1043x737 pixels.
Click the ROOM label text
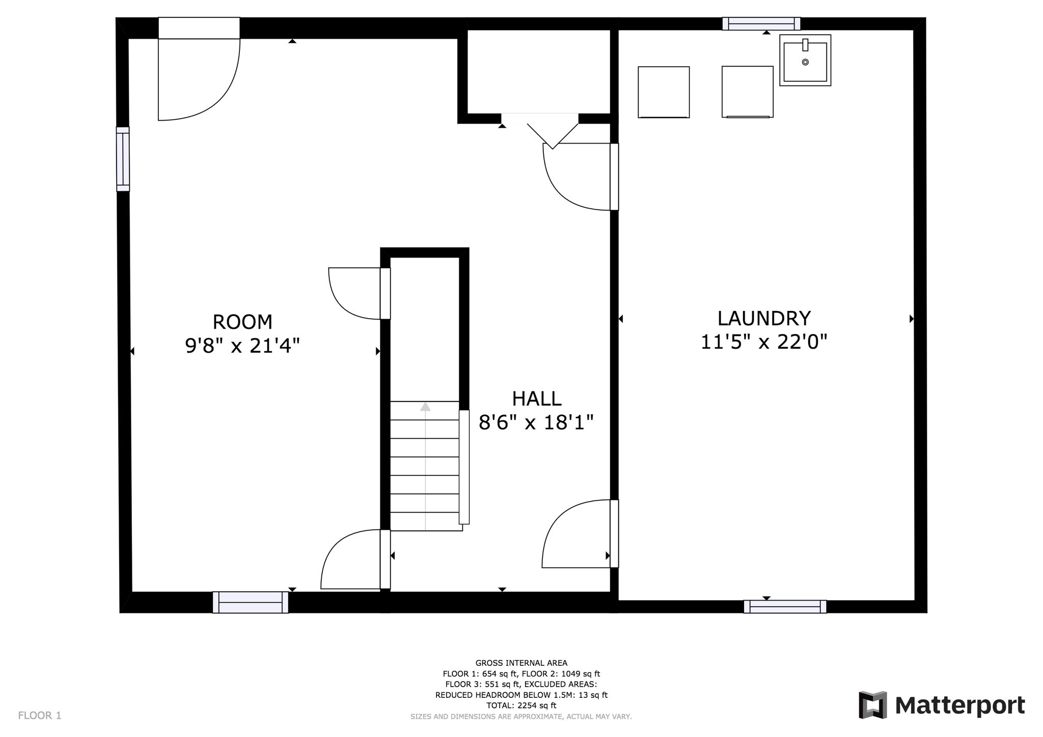click(x=242, y=322)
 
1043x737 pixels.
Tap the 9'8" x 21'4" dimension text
click(x=242, y=346)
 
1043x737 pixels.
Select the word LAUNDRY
click(x=763, y=319)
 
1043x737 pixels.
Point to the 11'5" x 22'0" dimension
click(x=763, y=342)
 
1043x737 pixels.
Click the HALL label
click(x=536, y=399)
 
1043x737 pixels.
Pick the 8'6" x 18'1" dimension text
click(x=536, y=422)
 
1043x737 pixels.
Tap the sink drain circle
click(x=805, y=62)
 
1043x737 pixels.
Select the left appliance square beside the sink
click(x=664, y=92)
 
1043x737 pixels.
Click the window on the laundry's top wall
click(x=761, y=23)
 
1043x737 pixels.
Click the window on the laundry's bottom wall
click(x=785, y=606)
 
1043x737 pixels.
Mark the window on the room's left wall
click(x=123, y=159)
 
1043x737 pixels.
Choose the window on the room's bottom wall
click(x=250, y=602)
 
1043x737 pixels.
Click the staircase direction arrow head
click(x=425, y=407)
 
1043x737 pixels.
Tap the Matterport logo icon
click(x=873, y=705)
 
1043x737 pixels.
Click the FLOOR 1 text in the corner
click(x=40, y=716)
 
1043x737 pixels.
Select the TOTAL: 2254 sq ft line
click(x=521, y=705)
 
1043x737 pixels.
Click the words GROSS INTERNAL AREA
click(x=521, y=663)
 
